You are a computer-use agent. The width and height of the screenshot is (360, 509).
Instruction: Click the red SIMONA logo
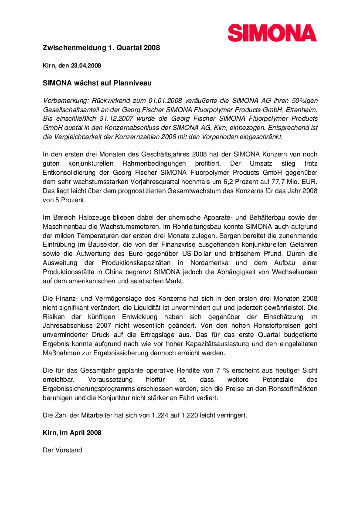[272, 33]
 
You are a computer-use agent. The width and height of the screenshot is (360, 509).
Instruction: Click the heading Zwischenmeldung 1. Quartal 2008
[101, 48]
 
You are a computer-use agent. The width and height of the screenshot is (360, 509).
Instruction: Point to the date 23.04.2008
[86, 65]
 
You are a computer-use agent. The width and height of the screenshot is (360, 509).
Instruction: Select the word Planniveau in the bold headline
[131, 82]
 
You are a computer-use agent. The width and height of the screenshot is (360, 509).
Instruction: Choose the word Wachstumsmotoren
[139, 227]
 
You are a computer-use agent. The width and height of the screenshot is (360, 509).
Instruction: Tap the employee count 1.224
[160, 415]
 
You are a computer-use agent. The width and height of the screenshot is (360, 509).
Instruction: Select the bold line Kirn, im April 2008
[72, 433]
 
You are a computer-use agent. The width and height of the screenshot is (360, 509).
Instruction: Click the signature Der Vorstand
[62, 450]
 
